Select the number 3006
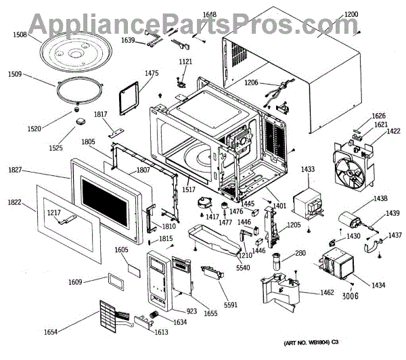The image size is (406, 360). pos(351,295)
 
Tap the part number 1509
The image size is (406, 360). pos(18,75)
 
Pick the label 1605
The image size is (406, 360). pos(122,250)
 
